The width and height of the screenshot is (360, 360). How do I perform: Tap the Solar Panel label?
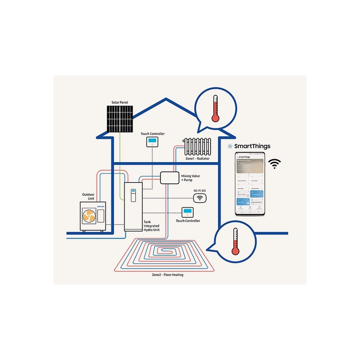click(120, 102)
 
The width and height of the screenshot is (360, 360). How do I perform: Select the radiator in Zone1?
click(197, 146)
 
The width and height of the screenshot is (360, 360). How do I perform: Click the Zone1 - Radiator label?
click(197, 159)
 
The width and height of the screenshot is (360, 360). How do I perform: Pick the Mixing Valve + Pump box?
click(169, 178)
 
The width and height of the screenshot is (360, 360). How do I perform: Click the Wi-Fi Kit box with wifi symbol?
click(200, 198)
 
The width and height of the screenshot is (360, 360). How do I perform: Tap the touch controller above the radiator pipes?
click(152, 142)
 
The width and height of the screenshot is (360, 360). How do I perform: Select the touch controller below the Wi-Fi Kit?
click(188, 212)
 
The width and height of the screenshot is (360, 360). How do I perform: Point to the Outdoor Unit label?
click(88, 197)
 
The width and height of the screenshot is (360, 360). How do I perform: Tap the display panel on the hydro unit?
click(133, 195)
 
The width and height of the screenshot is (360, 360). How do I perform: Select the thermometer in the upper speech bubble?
click(215, 108)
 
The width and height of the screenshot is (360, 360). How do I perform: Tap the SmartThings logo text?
click(252, 146)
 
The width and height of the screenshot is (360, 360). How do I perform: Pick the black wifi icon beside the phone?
click(275, 164)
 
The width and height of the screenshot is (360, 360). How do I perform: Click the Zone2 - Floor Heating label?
click(165, 275)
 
